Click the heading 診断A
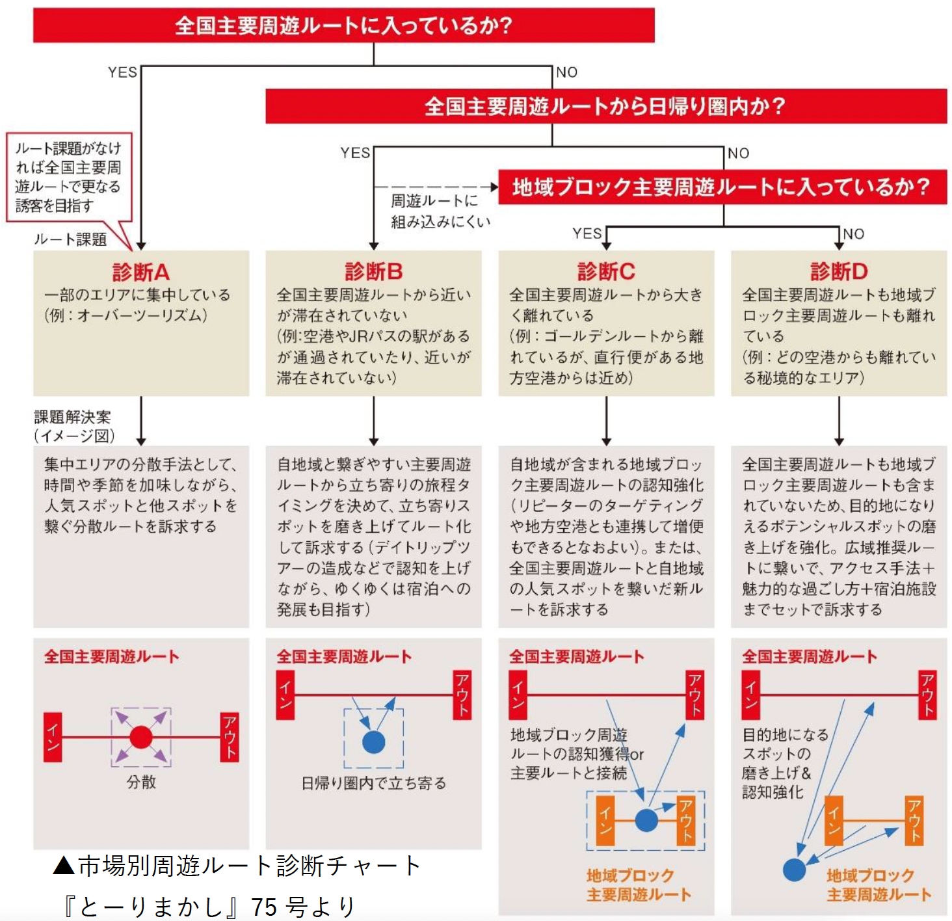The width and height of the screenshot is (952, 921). click(140, 271)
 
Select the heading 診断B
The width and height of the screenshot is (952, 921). click(373, 271)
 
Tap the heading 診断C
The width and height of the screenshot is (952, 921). click(606, 271)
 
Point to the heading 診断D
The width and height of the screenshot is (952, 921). click(839, 271)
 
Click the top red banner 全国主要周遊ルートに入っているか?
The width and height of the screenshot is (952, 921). click(343, 25)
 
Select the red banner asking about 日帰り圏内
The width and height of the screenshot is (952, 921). click(605, 106)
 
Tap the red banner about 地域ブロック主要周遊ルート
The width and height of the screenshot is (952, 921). click(722, 187)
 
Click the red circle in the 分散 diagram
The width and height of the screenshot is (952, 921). click(141, 738)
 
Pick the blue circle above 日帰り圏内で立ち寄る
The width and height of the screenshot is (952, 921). click(373, 741)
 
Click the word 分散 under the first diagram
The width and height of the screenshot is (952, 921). click(141, 782)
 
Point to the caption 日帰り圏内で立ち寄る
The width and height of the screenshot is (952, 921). click(373, 783)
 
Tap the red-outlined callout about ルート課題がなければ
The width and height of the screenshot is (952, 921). click(68, 177)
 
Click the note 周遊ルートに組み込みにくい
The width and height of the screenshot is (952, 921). click(440, 211)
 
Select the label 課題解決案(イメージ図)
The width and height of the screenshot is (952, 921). click(73, 426)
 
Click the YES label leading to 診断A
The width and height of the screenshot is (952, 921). click(122, 72)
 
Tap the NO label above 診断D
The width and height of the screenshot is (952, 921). click(854, 234)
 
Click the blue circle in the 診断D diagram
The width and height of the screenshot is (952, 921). click(794, 870)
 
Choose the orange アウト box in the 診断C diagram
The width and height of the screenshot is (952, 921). click(686, 820)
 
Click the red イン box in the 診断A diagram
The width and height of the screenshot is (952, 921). click(53, 738)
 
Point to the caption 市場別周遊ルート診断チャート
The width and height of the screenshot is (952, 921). click(237, 866)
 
